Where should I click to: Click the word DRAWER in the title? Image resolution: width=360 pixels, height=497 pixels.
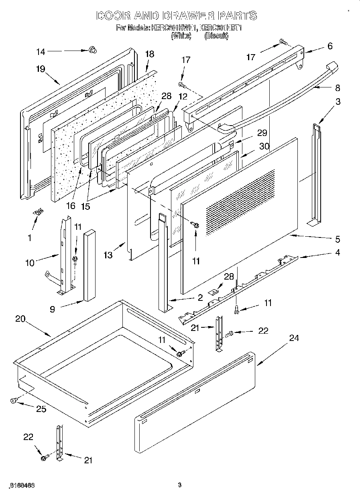pos(189,16)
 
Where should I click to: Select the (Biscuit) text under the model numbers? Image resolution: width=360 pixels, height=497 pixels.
pos(216,36)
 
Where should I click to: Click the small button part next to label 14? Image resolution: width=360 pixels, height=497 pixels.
pos(93,50)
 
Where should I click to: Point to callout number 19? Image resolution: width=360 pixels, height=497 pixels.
pos(40,68)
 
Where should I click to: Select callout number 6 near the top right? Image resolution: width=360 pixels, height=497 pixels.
pos(329,46)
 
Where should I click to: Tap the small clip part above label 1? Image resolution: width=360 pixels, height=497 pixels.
pos(39,212)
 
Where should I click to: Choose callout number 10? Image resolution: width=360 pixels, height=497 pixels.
pos(30,263)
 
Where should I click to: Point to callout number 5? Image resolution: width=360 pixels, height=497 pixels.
pos(337,239)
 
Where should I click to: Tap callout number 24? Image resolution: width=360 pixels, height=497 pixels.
pos(294,338)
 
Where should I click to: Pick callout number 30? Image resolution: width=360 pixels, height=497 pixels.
pos(264,147)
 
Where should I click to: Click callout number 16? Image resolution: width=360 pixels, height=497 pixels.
pos(71,206)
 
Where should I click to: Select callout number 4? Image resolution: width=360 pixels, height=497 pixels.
pos(338,253)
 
